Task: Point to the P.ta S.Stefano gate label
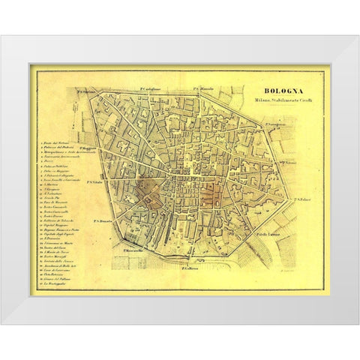point(86,92)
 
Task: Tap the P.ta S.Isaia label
point(289,161)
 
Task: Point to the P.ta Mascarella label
point(128,250)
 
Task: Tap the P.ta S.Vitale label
point(95,182)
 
